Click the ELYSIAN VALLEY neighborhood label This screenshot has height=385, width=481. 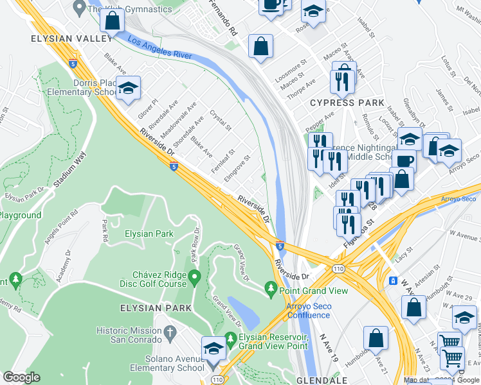pyautogui.click(x=62, y=39)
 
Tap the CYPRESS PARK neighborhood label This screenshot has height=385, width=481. pyautogui.click(x=347, y=103)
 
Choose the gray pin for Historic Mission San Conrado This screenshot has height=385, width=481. pyautogui.click(x=170, y=331)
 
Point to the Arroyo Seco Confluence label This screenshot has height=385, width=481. pyautogui.click(x=309, y=311)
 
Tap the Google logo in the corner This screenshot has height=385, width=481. pyautogui.click(x=21, y=377)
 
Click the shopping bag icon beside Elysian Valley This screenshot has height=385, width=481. pyautogui.click(x=112, y=20)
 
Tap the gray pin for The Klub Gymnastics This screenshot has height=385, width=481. pyautogui.click(x=80, y=7)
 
